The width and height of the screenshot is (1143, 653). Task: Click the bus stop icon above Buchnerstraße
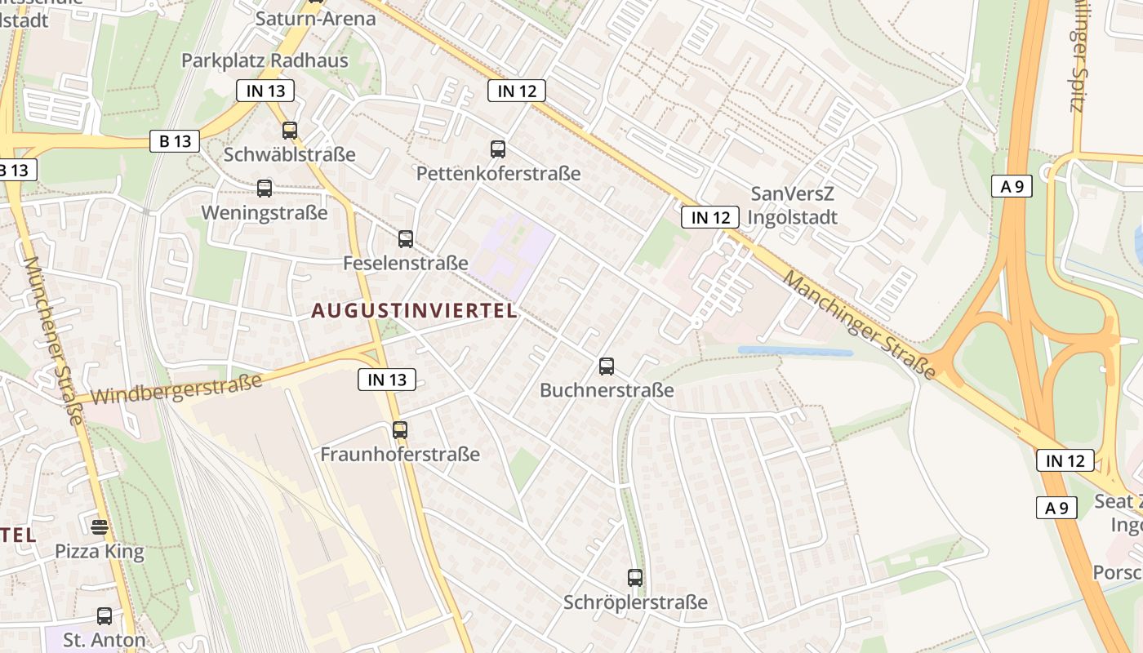pyautogui.click(x=606, y=366)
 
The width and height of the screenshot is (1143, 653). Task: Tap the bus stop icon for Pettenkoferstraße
pyautogui.click(x=498, y=149)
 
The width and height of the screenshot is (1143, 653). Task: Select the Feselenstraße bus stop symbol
pyautogui.click(x=406, y=238)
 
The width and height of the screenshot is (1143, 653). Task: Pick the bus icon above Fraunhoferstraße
pyautogui.click(x=399, y=429)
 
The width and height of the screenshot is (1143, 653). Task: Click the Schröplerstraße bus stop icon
pyautogui.click(x=635, y=577)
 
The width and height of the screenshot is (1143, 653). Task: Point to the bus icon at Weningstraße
pyautogui.click(x=265, y=189)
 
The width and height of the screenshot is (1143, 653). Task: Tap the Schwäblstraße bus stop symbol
pyautogui.click(x=289, y=130)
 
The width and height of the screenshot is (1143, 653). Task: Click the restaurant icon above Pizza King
pyautogui.click(x=100, y=526)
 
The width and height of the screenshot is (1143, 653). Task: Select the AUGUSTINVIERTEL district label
pyautogui.click(x=415, y=311)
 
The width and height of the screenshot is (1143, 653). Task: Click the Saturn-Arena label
pyautogui.click(x=315, y=19)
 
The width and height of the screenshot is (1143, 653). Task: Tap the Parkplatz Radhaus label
pyautogui.click(x=265, y=60)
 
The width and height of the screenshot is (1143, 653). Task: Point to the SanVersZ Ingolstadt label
pyautogui.click(x=794, y=206)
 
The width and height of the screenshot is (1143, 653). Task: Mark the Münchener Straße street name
pyautogui.click(x=54, y=340)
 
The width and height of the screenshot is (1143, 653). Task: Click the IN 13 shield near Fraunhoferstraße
pyautogui.click(x=387, y=379)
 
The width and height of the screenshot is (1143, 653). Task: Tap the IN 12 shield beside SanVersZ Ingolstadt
pyautogui.click(x=710, y=217)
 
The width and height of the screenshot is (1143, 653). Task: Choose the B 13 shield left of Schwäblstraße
pyautogui.click(x=176, y=141)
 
